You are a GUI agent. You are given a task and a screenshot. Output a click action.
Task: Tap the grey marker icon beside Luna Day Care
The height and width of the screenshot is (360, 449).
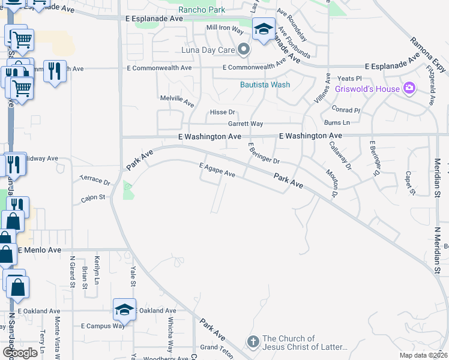click(243, 49)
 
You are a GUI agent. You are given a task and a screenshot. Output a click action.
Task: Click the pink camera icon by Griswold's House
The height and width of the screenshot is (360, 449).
click(410, 89)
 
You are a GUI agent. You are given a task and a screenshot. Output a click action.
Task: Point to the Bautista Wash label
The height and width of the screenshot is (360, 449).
click(265, 85)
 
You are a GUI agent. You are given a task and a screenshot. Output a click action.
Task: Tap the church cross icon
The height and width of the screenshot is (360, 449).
click(253, 343)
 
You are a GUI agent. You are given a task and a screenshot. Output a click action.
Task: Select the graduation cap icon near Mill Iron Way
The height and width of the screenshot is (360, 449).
click(263, 28)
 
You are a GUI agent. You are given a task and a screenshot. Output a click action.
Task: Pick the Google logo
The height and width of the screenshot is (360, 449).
click(20, 353)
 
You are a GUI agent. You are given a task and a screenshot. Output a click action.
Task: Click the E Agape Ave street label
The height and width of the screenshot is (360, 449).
click(217, 172)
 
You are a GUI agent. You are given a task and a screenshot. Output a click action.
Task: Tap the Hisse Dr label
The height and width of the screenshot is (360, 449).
click(222, 112)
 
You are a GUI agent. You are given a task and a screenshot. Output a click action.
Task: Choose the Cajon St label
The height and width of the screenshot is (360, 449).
click(93, 197)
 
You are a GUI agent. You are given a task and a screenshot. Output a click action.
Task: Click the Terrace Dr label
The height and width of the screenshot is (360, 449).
click(95, 181)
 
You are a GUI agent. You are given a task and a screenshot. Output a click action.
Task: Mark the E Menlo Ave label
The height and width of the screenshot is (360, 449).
click(40, 250)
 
